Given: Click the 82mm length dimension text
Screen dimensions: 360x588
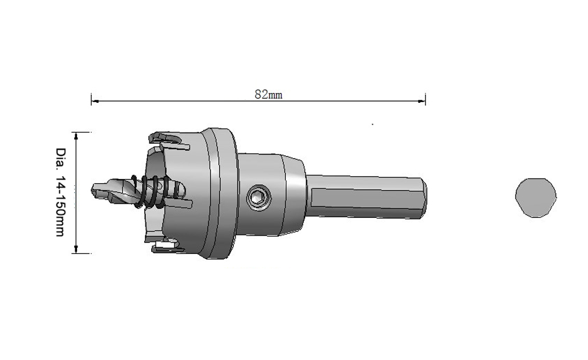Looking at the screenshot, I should click(x=268, y=95).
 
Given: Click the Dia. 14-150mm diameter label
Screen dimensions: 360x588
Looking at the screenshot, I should click(x=60, y=192).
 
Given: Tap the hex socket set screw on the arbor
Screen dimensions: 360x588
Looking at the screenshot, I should click(x=259, y=198).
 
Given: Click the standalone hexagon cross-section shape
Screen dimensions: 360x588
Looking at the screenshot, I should click(x=536, y=197).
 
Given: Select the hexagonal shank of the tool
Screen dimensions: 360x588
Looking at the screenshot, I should click(x=365, y=196).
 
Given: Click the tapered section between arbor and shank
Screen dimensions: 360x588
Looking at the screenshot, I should click(x=295, y=194).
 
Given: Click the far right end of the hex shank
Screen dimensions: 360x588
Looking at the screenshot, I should click(x=424, y=197).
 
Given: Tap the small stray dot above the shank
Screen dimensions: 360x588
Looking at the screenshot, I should click(x=372, y=123).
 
